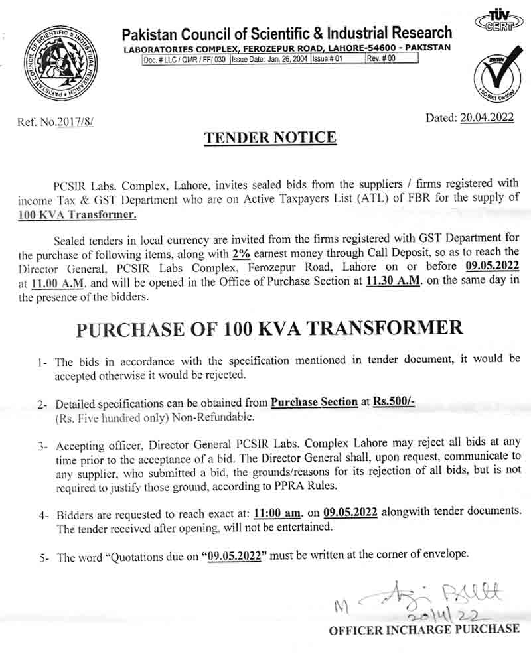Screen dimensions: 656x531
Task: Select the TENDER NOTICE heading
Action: [x=270, y=138]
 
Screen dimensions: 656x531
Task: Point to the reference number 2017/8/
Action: [x=76, y=122]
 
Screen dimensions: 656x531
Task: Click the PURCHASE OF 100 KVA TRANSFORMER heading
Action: [x=268, y=328]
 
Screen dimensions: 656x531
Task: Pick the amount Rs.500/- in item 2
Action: [x=394, y=403]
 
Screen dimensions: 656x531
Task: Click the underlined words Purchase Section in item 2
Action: [x=314, y=403]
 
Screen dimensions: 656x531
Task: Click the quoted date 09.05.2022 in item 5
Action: [x=232, y=557]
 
